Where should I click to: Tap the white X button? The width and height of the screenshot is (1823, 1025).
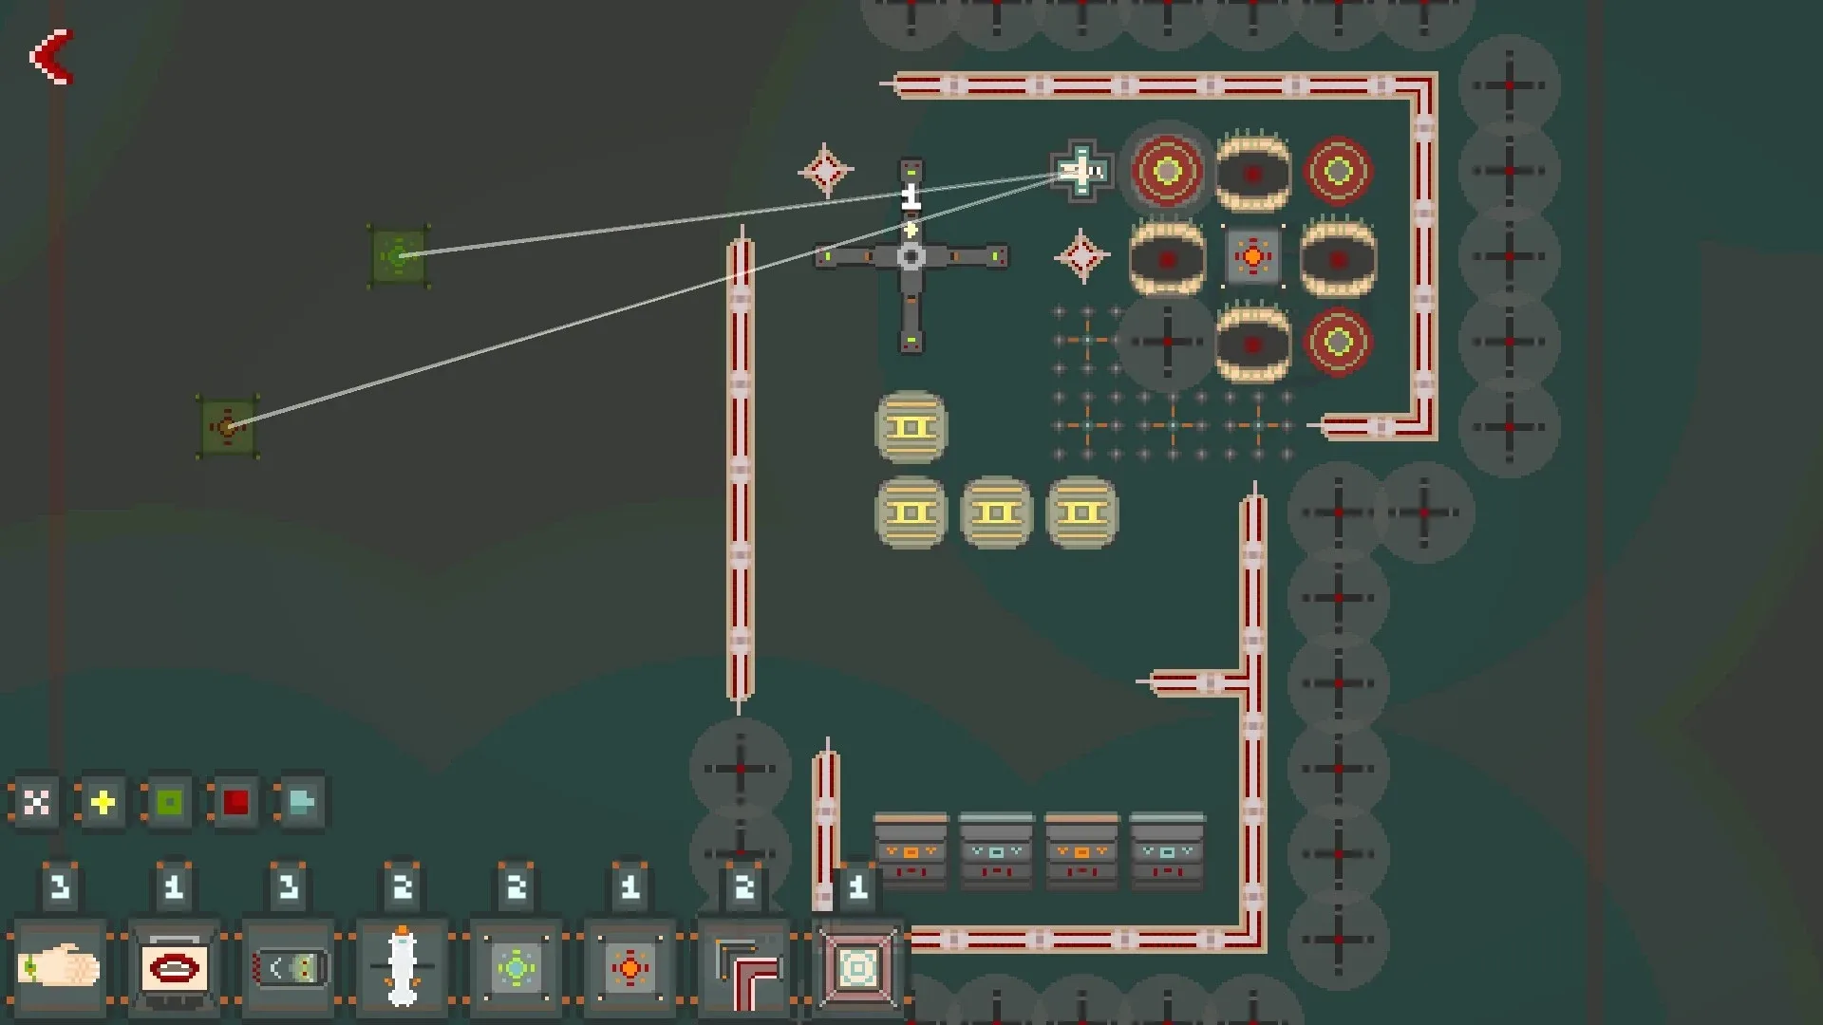36,803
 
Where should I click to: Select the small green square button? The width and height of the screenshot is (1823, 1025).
169,803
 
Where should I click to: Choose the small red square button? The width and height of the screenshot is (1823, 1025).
235,803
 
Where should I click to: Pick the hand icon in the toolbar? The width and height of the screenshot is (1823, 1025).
59,967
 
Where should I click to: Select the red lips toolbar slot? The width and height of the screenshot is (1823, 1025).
174,967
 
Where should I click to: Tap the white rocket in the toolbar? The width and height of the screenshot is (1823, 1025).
403,967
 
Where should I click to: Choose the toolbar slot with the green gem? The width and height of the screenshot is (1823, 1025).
517,967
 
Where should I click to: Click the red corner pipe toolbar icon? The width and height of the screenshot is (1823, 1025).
744,967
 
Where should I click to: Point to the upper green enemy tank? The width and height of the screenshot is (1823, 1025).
399,256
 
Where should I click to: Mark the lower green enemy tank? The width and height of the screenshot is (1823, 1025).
228,427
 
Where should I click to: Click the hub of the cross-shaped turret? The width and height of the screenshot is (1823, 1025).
911,256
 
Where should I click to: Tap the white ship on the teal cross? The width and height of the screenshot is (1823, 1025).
1081,171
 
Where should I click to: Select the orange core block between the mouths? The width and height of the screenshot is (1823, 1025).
1253,256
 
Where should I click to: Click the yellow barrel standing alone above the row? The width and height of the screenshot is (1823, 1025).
911,427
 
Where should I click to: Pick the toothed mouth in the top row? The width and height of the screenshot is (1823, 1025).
1253,171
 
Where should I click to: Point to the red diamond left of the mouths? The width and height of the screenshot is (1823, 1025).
1081,256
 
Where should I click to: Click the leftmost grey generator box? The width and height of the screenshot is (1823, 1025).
911,850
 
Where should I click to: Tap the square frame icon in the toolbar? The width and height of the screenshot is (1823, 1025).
858,967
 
